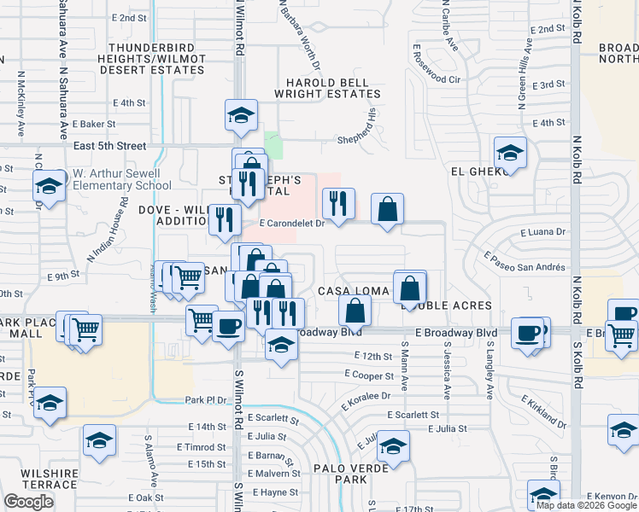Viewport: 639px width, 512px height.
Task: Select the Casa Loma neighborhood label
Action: [354, 291]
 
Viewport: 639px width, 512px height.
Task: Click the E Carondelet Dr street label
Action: [292, 224]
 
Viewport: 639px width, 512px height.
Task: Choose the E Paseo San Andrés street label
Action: [524, 260]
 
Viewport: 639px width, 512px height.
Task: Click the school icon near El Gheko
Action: [510, 153]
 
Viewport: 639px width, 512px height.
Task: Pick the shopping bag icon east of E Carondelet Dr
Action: [387, 209]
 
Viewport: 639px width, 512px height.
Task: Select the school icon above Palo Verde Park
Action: [393, 445]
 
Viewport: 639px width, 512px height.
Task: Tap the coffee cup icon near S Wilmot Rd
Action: [228, 326]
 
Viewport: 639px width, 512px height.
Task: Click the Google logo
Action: [29, 502]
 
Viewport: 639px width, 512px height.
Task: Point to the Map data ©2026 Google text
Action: [585, 505]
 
